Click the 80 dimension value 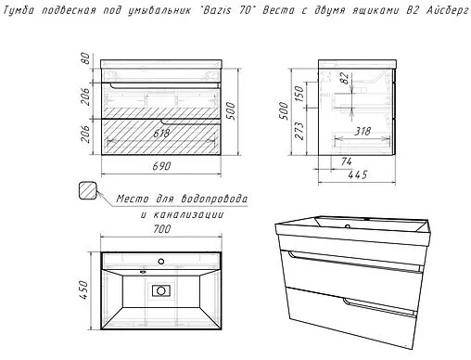coord(85,58)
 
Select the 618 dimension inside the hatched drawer coord(161,134)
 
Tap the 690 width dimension coord(161,166)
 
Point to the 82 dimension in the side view coord(345,78)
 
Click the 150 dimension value coord(299,94)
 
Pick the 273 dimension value coord(299,131)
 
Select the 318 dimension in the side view coord(362,132)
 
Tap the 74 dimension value coord(346,161)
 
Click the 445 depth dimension coord(357,175)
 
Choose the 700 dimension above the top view coord(162,229)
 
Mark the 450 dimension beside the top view coord(83,289)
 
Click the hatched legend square coord(88,190)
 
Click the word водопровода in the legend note coord(214,199)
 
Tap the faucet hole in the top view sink coord(160,262)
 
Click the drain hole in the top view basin coord(161,290)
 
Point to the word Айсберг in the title coord(448,10)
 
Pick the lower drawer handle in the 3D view coord(379,308)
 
